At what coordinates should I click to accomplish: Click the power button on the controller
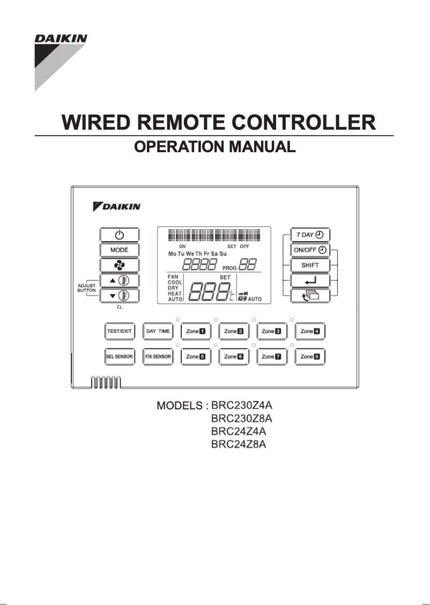119,235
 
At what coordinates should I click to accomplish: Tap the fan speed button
119,265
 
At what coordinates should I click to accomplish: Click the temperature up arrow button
119,280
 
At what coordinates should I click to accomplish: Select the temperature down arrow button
119,295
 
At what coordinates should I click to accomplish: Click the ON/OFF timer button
310,250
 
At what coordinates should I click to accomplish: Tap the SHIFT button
310,265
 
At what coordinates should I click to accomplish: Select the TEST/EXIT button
119,331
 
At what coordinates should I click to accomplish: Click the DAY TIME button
158,331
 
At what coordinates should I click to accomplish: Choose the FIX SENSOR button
158,356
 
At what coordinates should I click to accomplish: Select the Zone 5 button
196,356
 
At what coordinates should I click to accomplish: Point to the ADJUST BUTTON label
86,288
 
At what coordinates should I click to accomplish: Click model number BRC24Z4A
239,431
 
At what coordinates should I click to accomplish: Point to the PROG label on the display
229,267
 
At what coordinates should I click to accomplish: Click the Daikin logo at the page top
61,39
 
